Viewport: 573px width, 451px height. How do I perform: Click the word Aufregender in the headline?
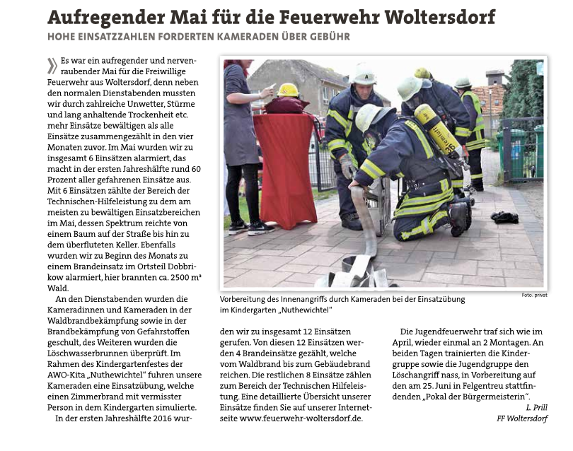coord(104,17)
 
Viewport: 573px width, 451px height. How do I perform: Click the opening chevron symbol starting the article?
coord(52,66)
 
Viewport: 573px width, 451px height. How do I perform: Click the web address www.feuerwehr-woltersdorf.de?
coord(301,418)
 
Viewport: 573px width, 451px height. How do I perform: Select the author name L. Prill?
coord(535,407)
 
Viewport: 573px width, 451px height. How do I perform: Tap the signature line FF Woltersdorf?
coord(522,418)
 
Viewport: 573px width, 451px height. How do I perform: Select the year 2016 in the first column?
coord(158,418)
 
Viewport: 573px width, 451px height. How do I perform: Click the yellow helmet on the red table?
coord(288,90)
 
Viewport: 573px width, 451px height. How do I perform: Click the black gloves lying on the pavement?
coord(504,217)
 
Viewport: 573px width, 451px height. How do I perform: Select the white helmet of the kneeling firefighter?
coord(372,115)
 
